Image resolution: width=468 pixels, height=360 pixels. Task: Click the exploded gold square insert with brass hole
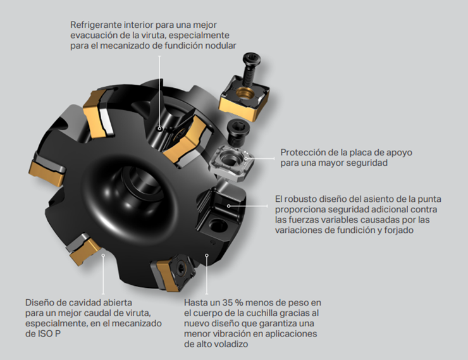(x=245, y=98)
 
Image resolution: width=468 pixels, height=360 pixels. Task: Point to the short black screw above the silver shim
(x=238, y=132)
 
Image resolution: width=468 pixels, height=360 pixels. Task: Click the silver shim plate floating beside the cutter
(x=231, y=163)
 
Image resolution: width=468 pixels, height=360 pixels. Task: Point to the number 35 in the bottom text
(x=228, y=302)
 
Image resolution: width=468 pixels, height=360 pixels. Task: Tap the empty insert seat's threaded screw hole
(x=218, y=225)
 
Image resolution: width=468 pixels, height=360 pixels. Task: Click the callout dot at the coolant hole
(x=159, y=129)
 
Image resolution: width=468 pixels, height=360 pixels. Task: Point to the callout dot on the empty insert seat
(x=229, y=206)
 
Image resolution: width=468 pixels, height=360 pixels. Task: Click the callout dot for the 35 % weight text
(x=207, y=255)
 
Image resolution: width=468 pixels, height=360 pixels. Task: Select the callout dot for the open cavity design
(x=103, y=255)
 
